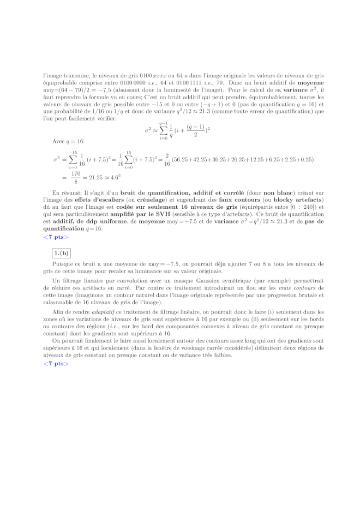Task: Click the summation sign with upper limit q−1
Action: tap(163, 131)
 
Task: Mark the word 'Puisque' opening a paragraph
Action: tap(62, 263)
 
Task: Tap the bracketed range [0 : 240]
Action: tap(303, 207)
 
